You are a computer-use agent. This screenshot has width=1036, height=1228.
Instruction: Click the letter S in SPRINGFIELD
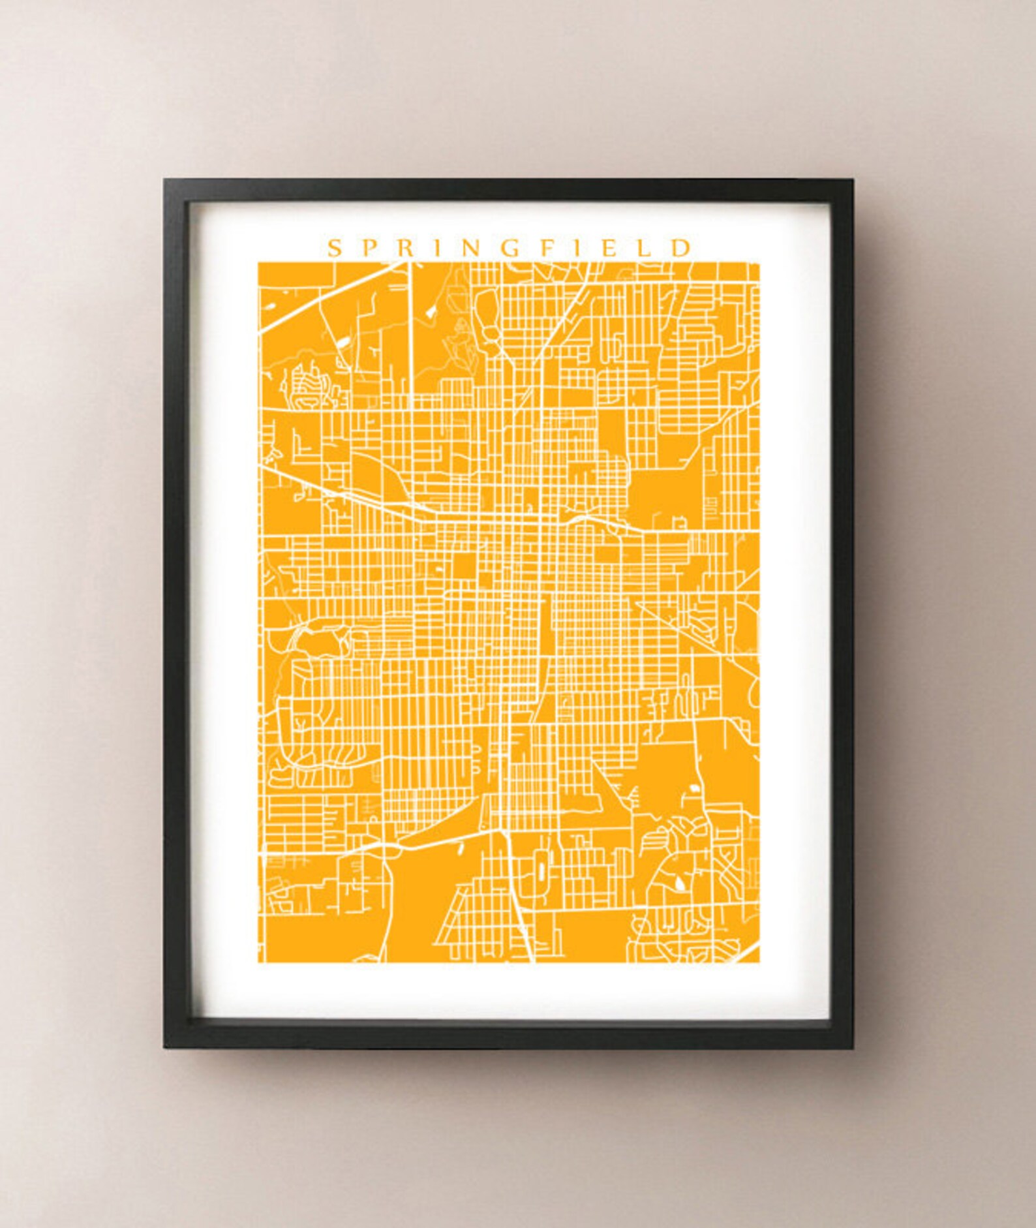tap(333, 248)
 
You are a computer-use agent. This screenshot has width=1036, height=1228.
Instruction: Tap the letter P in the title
tap(367, 248)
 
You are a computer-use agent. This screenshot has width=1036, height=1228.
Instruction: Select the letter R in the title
tap(403, 248)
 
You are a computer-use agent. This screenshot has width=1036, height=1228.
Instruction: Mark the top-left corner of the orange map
tap(259, 264)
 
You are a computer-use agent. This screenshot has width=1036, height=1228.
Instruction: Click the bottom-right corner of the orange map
tap(758, 961)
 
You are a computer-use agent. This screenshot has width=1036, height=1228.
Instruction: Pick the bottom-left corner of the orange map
tap(259, 961)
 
